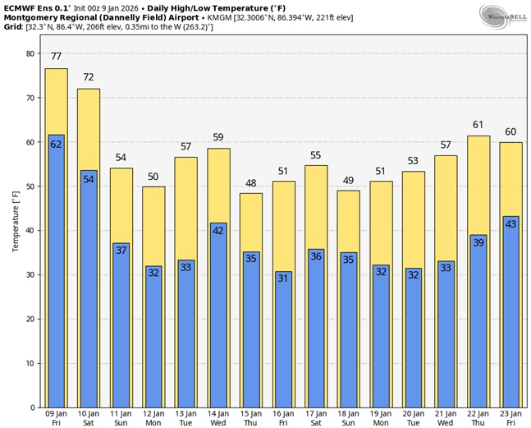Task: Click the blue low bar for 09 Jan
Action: coord(56,271)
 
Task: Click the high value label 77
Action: coord(56,57)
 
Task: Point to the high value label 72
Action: coord(89,77)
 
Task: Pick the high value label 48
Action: coord(251,182)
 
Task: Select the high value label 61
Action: coord(478,125)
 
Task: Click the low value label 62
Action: coord(56,145)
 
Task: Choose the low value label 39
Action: coord(478,243)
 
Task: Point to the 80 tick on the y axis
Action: coord(30,53)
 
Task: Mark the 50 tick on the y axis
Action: coord(30,186)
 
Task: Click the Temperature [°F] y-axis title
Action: coord(15,230)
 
